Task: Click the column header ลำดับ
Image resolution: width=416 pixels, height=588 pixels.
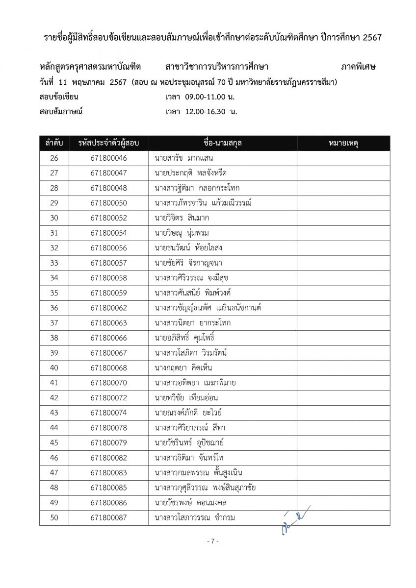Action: [x=54, y=143]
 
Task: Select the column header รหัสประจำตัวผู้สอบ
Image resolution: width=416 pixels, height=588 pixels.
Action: [x=108, y=143]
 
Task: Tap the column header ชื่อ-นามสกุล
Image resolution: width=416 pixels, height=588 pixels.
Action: [x=222, y=143]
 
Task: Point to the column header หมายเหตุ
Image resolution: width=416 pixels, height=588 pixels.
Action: [x=343, y=143]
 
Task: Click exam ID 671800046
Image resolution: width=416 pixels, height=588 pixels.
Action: [x=108, y=158]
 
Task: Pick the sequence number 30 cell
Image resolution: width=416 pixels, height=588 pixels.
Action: [x=54, y=218]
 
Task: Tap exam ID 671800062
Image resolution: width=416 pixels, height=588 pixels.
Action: [x=108, y=308]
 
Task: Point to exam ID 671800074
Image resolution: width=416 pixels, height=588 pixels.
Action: [x=108, y=413]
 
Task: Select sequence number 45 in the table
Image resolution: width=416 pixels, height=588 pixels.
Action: [x=54, y=443]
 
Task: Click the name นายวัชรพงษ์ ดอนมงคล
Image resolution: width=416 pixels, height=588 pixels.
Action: [x=190, y=503]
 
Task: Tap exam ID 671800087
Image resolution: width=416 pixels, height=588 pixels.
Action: [x=108, y=517]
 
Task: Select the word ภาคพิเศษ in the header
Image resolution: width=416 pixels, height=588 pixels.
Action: [x=358, y=67]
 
